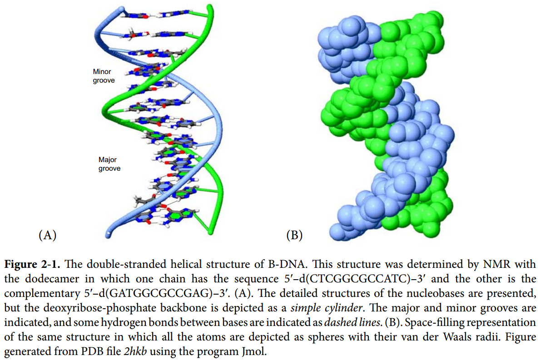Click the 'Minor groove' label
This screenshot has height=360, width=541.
tap(104, 76)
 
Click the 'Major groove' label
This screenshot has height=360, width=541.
tap(109, 164)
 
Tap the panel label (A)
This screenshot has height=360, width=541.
tap(47, 235)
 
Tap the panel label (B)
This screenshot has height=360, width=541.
tap(294, 235)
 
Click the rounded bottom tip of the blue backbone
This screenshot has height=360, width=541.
tap(108, 234)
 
